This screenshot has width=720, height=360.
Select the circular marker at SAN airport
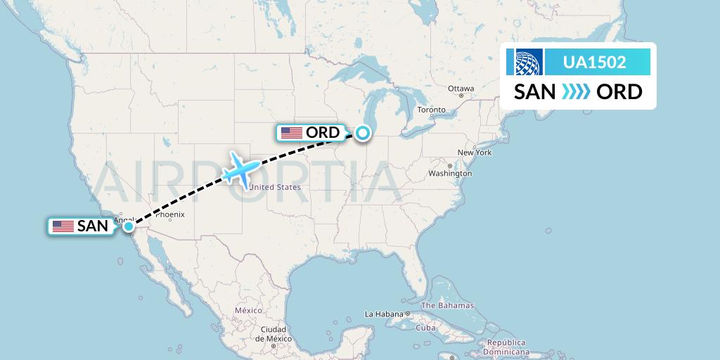click(129, 226)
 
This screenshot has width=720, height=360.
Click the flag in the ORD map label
click(291, 132)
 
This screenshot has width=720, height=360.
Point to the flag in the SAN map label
click(63, 226)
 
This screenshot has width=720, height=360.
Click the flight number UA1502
click(595, 63)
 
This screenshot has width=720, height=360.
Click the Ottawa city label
click(461, 89)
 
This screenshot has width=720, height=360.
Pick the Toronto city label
click(432, 110)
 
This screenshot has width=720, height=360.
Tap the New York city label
click(474, 153)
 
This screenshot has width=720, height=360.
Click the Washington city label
click(450, 173)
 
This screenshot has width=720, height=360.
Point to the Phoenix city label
click(170, 214)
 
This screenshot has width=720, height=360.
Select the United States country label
click(275, 187)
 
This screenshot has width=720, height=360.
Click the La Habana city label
click(383, 314)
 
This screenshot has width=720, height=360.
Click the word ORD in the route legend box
click(619, 92)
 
